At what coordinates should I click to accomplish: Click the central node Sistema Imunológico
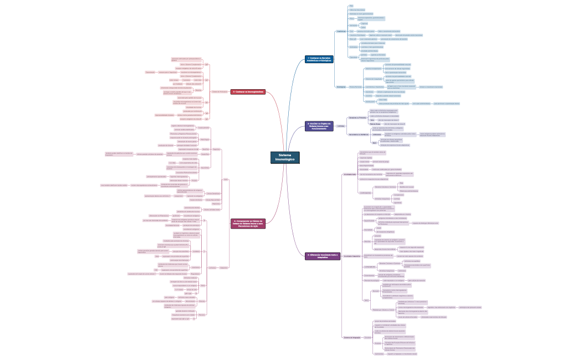coord(285,157)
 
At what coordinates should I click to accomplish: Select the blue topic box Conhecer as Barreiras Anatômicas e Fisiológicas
coord(319,59)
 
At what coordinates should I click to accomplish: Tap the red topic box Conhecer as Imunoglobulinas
coord(248,92)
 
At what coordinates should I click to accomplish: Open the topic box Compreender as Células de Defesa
coord(248,223)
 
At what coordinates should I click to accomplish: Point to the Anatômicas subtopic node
coord(341,32)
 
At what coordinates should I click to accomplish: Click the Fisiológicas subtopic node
coord(341,87)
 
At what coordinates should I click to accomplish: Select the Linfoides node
coord(340,126)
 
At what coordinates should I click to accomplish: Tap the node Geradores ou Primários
coord(358,118)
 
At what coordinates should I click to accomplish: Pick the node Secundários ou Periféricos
coord(359,134)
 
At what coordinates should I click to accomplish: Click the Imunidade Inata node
coord(350,174)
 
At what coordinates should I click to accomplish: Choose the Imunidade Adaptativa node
coord(352,256)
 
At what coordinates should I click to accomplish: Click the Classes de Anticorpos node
coord(220,91)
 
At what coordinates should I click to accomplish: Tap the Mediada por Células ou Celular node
coord(384,309)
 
